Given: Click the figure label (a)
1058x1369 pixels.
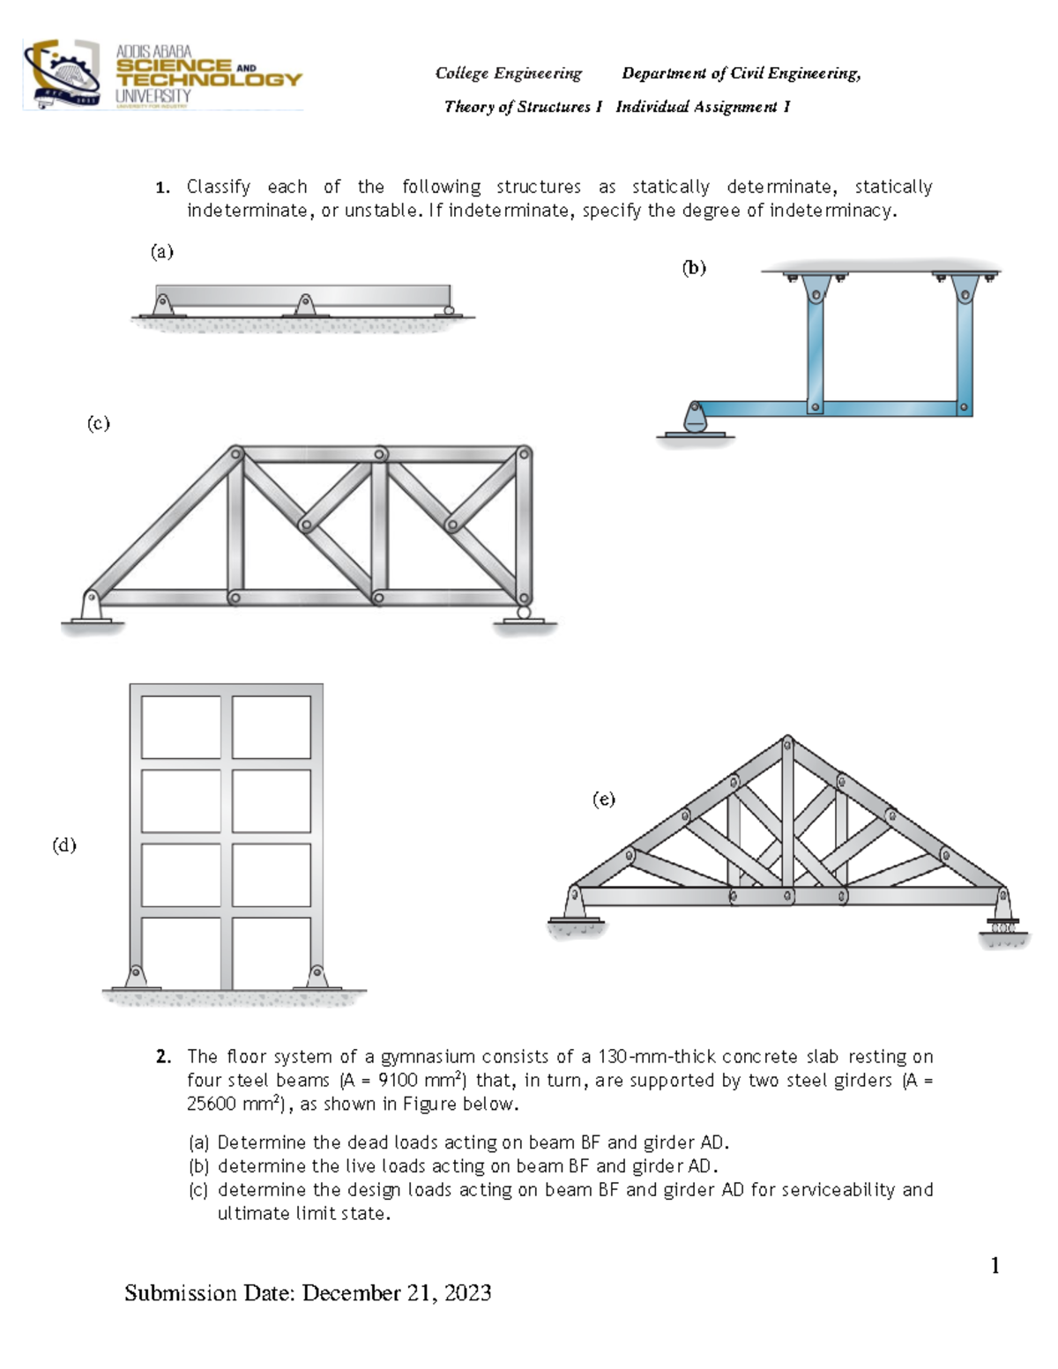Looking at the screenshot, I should click(161, 252).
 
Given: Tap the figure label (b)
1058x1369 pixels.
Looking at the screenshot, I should click(694, 268).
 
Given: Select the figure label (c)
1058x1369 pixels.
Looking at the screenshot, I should click(98, 423).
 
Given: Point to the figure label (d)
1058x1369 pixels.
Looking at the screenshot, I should click(64, 845).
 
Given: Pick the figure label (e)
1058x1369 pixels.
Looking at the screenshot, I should click(603, 800).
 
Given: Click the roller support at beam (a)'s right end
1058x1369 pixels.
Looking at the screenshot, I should click(449, 310).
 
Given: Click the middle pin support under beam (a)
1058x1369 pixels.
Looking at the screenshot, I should click(305, 306).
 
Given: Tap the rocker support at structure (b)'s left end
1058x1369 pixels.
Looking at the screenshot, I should click(696, 419).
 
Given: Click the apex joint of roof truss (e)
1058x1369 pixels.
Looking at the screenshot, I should click(787, 742).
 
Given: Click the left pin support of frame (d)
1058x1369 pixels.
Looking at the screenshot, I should click(135, 976).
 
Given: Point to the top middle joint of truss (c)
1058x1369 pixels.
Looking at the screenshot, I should click(379, 454).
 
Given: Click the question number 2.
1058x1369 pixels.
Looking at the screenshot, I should click(162, 1056).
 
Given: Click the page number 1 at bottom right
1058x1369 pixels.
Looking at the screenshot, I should click(995, 1266).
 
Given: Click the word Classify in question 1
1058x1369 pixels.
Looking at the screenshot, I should click(218, 187).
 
